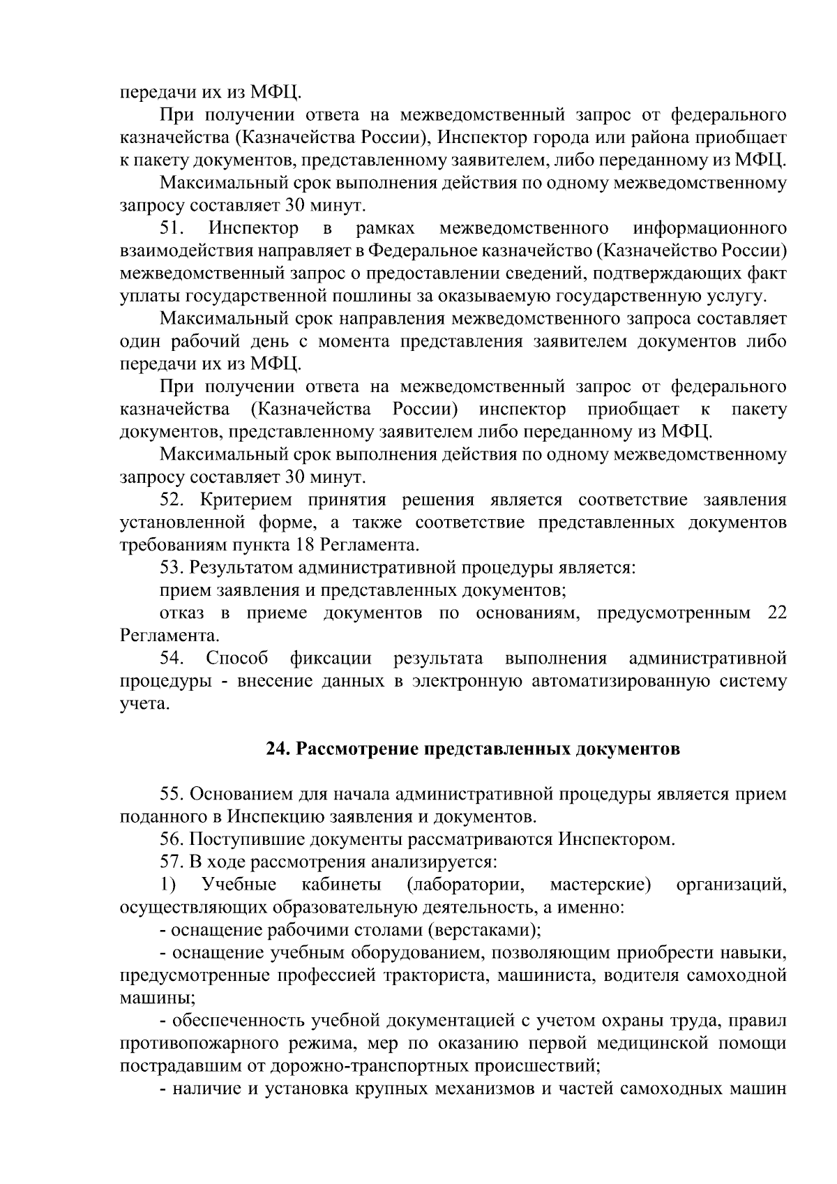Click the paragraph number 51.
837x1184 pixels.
[171, 228]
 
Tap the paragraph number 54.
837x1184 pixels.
[171, 659]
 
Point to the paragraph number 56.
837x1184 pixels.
[171, 839]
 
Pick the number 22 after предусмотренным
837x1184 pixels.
[776, 613]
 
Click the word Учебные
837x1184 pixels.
[239, 885]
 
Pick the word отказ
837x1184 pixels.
[182, 613]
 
